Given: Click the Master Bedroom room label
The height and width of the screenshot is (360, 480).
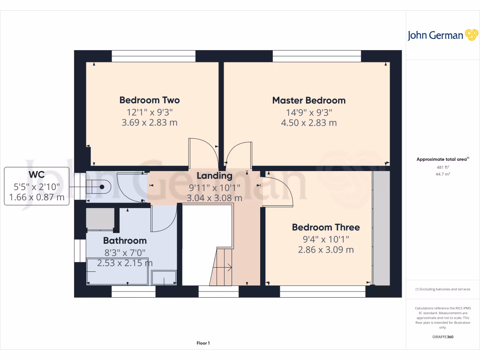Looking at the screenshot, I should click(309, 100).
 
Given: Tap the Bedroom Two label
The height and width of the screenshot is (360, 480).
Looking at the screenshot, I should click(150, 100).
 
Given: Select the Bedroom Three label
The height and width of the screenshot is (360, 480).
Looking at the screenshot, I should click(326, 227).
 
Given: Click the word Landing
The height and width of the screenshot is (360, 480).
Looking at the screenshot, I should click(214, 176).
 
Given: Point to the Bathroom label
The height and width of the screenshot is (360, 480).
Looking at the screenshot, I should click(125, 240).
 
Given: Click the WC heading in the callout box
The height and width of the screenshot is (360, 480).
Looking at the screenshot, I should click(37, 175).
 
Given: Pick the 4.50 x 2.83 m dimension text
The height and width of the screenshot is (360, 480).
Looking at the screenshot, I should click(309, 123).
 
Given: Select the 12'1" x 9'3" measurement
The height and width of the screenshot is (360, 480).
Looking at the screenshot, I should click(150, 112).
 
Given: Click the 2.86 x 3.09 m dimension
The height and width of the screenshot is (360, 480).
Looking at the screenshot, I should click(326, 250).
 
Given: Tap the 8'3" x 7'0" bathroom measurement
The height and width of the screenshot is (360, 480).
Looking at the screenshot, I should click(125, 253).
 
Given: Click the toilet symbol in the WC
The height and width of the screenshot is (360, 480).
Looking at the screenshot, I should click(100, 187).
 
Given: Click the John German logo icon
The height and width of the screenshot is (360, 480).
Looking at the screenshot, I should click(471, 35).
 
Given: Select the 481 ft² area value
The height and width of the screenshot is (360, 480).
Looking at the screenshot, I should click(442, 167).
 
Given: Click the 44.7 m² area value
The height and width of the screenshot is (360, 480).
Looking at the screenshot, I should click(442, 173).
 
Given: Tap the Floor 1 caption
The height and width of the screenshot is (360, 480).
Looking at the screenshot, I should click(203, 344).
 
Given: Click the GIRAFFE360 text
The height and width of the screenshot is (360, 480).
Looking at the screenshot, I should click(442, 337).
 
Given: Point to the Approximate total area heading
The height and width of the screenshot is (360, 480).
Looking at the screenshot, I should click(442, 159).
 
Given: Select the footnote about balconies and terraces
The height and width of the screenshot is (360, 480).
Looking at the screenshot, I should click(442, 289).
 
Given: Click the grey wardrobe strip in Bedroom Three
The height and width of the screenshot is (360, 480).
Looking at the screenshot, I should click(381, 228).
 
